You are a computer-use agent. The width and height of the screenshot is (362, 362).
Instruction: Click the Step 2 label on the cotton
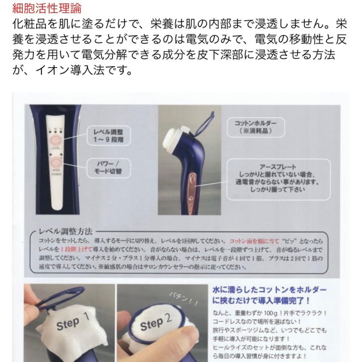(x=156, y=323)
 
